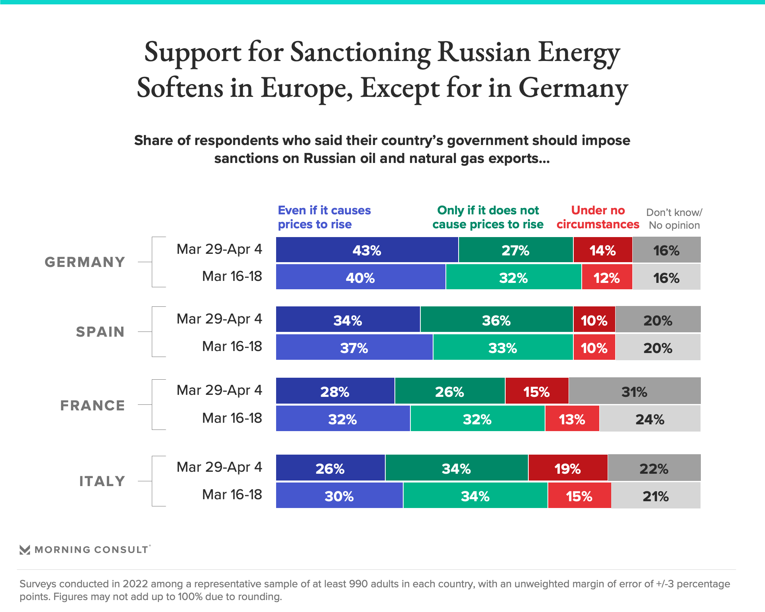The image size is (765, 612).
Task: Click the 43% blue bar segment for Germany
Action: (x=367, y=250)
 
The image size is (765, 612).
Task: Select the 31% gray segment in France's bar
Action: (x=634, y=391)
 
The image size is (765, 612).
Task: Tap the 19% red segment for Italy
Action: (x=568, y=468)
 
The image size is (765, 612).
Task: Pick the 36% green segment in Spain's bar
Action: (x=496, y=320)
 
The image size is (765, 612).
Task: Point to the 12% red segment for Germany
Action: (x=607, y=277)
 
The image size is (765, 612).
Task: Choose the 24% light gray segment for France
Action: (x=650, y=419)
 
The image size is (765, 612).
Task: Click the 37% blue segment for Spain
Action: (x=354, y=347)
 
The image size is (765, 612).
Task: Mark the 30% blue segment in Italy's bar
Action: (x=339, y=496)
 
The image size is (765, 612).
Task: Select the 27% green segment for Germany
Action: (x=516, y=250)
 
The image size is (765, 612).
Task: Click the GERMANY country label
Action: (x=85, y=262)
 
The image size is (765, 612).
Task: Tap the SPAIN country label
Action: (x=100, y=332)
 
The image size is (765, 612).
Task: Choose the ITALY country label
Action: (x=102, y=481)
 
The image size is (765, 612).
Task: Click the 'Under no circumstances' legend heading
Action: (x=598, y=217)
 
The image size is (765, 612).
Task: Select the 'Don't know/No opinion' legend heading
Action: (x=674, y=219)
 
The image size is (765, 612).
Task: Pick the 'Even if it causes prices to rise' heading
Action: (x=324, y=217)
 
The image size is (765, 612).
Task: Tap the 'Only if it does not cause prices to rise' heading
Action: (x=488, y=217)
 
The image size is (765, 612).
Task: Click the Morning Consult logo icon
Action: (x=25, y=550)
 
